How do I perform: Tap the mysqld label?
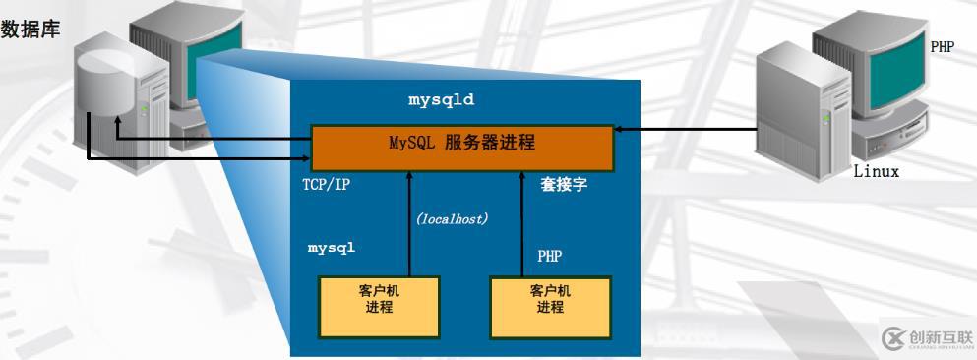[x=442, y=100]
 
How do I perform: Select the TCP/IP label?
[x=326, y=185]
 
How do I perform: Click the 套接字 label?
[x=564, y=184]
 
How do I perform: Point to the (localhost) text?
[x=452, y=219]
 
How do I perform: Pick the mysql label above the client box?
[x=331, y=248]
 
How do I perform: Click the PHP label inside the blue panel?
[x=550, y=256]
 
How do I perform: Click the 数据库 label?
[x=31, y=29]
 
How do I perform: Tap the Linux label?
[x=876, y=172]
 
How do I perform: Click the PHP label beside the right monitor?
[x=942, y=46]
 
